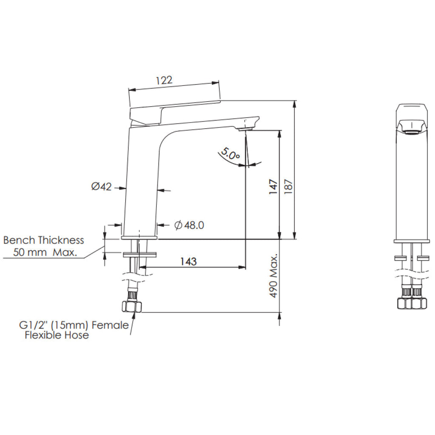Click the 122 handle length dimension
click(164, 80)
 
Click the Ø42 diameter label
click(101, 186)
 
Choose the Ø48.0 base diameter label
click(189, 225)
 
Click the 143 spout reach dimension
click(188, 261)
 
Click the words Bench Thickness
click(43, 240)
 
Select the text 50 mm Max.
click(45, 252)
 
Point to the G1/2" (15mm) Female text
click(73, 325)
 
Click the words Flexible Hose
click(56, 336)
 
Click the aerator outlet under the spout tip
click(246, 128)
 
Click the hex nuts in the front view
click(411, 303)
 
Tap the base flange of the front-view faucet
click(411, 241)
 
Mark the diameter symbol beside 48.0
click(178, 225)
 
